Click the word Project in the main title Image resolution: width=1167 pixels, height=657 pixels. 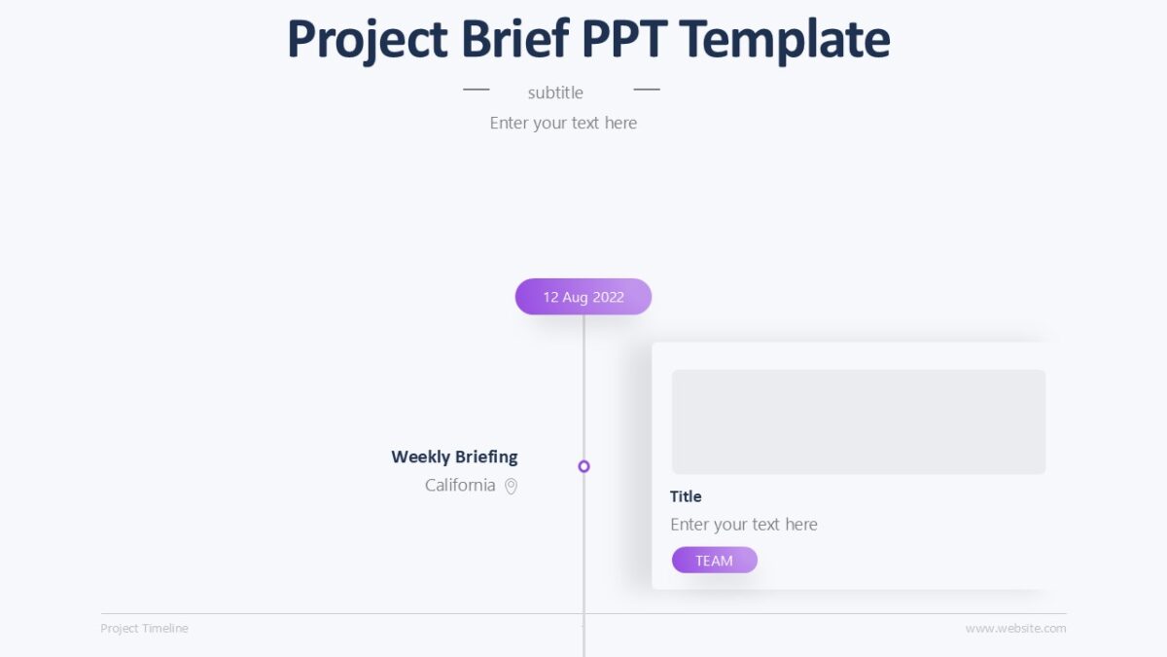pyautogui.click(x=368, y=41)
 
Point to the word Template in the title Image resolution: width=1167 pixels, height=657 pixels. pyautogui.click(x=785, y=41)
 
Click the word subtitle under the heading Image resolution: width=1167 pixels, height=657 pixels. pyautogui.click(x=555, y=92)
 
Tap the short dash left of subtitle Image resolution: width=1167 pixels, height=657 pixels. pyautogui.click(x=476, y=90)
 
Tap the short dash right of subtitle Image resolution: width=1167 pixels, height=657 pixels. pyautogui.click(x=647, y=90)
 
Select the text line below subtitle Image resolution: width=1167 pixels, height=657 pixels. pyautogui.click(x=563, y=123)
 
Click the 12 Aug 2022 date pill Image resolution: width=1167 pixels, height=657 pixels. pyautogui.click(x=583, y=297)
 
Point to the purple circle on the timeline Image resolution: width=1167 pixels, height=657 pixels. pyautogui.click(x=583, y=466)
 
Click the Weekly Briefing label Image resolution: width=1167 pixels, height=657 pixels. pyautogui.click(x=454, y=456)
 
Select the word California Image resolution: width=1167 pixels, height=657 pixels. pyautogui.click(x=460, y=485)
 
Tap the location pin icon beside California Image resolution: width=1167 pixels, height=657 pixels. pyautogui.click(x=511, y=486)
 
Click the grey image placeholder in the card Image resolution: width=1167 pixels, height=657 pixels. pyautogui.click(x=858, y=421)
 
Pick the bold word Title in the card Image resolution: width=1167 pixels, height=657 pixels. pyautogui.click(x=686, y=496)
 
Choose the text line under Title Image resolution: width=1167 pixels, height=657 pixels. pyautogui.click(x=744, y=525)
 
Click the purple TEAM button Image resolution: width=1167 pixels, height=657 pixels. pyautogui.click(x=714, y=560)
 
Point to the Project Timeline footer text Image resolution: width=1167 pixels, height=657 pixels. pyautogui.click(x=144, y=629)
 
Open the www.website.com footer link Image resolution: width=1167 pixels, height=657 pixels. pyautogui.click(x=1015, y=629)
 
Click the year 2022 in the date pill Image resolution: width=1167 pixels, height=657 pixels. pyautogui.click(x=608, y=297)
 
